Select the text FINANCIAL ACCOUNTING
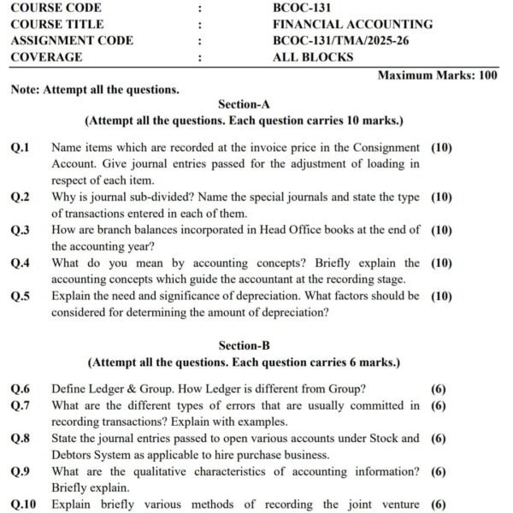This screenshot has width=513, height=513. [x=352, y=24]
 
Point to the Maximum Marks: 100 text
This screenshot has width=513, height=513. [x=437, y=75]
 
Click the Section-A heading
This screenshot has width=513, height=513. [x=244, y=105]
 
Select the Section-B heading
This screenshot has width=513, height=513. [x=244, y=345]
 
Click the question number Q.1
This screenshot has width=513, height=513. [x=20, y=148]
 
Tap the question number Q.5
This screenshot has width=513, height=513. [x=20, y=296]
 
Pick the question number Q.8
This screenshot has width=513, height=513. [x=20, y=439]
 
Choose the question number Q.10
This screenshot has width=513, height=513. [x=23, y=504]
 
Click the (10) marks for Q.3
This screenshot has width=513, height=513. [x=441, y=230]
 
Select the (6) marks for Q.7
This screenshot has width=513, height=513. [x=439, y=406]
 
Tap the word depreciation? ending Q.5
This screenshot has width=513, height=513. [x=289, y=312]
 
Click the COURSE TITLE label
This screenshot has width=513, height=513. [x=57, y=24]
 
